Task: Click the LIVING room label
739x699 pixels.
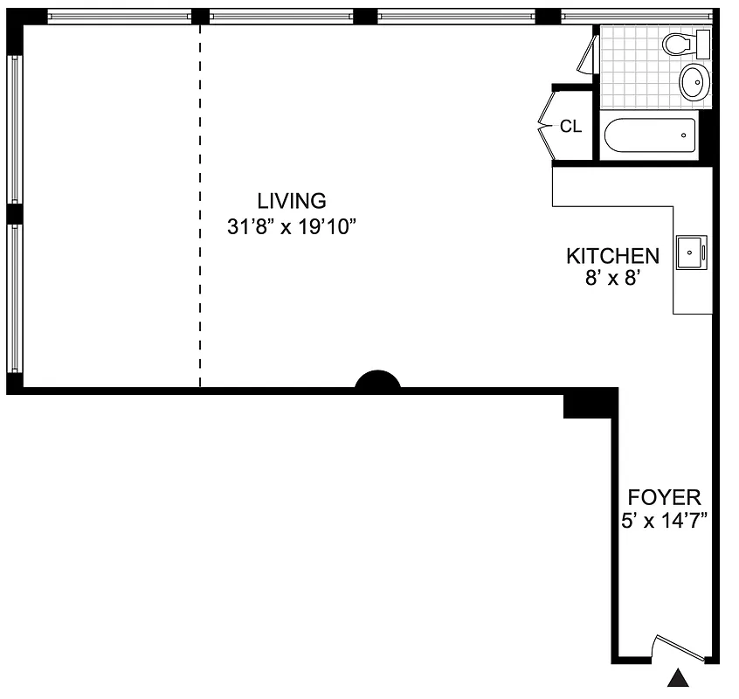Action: (x=291, y=200)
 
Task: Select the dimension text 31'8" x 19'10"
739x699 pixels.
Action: (x=293, y=227)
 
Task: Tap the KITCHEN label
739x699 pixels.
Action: (x=612, y=256)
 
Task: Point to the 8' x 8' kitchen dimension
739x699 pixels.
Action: (x=612, y=280)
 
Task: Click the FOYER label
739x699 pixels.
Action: (x=665, y=498)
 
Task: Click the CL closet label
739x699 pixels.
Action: (x=570, y=127)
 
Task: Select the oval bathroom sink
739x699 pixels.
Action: (x=694, y=81)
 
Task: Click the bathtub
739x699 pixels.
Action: (x=648, y=135)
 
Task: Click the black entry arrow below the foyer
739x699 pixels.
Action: (x=678, y=679)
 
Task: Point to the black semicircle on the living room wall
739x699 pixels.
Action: (x=377, y=382)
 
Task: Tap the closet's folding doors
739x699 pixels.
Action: (x=546, y=126)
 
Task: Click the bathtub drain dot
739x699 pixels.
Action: (x=684, y=135)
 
